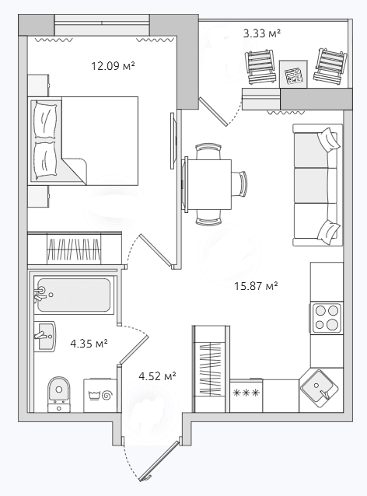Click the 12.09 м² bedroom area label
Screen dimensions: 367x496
pos(113,66)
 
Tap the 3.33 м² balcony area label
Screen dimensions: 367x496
pos(262,33)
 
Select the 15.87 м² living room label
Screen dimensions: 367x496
pos(256,286)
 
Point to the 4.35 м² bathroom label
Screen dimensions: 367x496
pos(89,343)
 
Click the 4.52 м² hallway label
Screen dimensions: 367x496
pos(157,376)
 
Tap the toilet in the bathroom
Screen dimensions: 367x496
pos(59,394)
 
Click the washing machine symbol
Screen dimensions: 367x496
pos(100,395)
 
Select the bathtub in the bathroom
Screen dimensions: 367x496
pos(74,295)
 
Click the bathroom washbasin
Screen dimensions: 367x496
pos(44,337)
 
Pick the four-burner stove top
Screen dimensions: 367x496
pos(327,318)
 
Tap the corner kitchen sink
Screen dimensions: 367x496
pos(319,389)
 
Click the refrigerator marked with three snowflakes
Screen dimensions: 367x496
pos(246,396)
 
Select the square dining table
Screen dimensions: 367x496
pos(208,185)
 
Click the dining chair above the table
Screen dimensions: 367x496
pos(208,151)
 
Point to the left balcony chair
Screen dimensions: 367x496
pos(260,67)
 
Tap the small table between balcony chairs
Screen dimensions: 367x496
pos(293,74)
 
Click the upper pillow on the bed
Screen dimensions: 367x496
pos(46,121)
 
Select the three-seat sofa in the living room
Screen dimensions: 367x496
pos(317,185)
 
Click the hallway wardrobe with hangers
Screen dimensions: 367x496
pos(211,369)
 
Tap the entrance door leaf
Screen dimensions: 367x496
pos(161,459)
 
